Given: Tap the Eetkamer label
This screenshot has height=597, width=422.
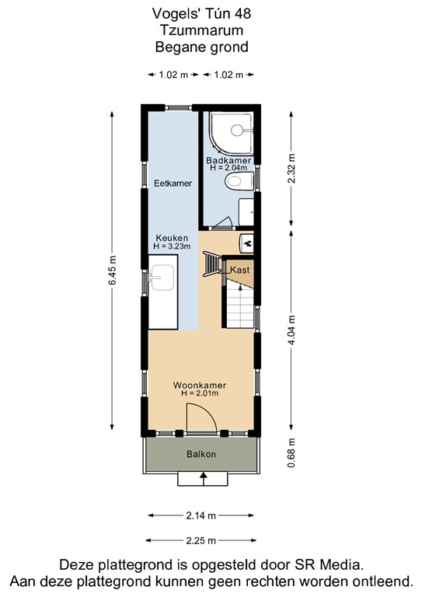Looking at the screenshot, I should pyautogui.click(x=173, y=183).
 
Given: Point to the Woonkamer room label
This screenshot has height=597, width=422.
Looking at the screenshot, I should pyautogui.click(x=200, y=384).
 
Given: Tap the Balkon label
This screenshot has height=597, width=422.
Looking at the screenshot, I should pyautogui.click(x=201, y=454).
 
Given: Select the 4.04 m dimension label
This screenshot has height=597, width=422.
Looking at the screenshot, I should pyautogui.click(x=291, y=329).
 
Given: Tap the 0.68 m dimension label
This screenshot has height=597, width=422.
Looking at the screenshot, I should pyautogui.click(x=291, y=454).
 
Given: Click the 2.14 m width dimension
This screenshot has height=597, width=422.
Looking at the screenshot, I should pyautogui.click(x=201, y=515).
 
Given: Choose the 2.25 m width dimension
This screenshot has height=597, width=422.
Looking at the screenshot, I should pyautogui.click(x=201, y=540).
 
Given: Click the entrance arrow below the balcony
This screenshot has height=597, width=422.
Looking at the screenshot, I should pyautogui.click(x=203, y=478).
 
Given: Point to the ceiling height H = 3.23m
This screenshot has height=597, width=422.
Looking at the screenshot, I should pyautogui.click(x=173, y=246).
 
